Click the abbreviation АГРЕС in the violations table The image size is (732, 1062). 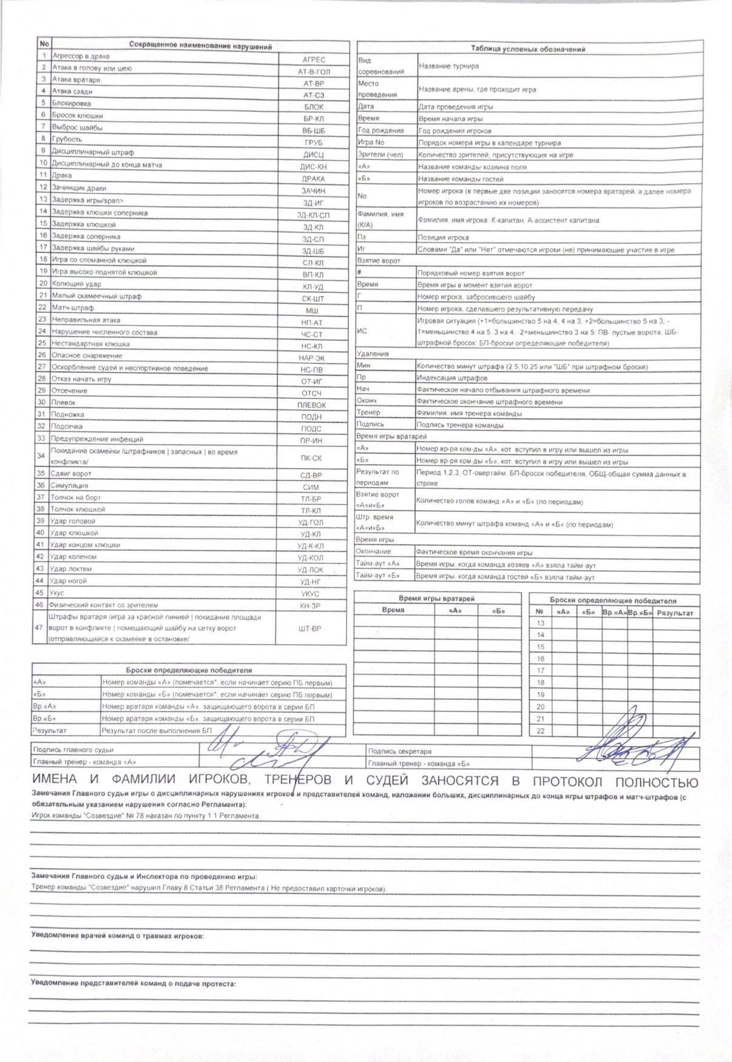tap(314, 59)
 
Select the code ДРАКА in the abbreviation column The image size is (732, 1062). tap(313, 179)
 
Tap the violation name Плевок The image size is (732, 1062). tap(64, 402)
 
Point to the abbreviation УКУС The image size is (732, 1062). tap(310, 594)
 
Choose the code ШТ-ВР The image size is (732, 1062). tap(310, 629)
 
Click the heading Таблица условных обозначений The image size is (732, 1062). tap(527, 49)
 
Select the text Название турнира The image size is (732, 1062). tap(449, 66)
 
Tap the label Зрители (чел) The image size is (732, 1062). tap(381, 155)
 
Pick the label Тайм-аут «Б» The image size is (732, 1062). tap(378, 576)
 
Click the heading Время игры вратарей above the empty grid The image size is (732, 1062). tap(437, 599)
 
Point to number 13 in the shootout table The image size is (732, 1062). tap(540, 623)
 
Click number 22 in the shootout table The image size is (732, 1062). tap(540, 731)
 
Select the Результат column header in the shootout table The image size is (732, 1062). tap(674, 613)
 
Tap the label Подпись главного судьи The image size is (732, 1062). tap(73, 750)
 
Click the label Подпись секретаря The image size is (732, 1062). tap(399, 751)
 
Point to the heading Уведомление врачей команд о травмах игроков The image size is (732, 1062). tap(117, 936)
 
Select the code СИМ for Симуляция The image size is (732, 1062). tap(311, 487)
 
